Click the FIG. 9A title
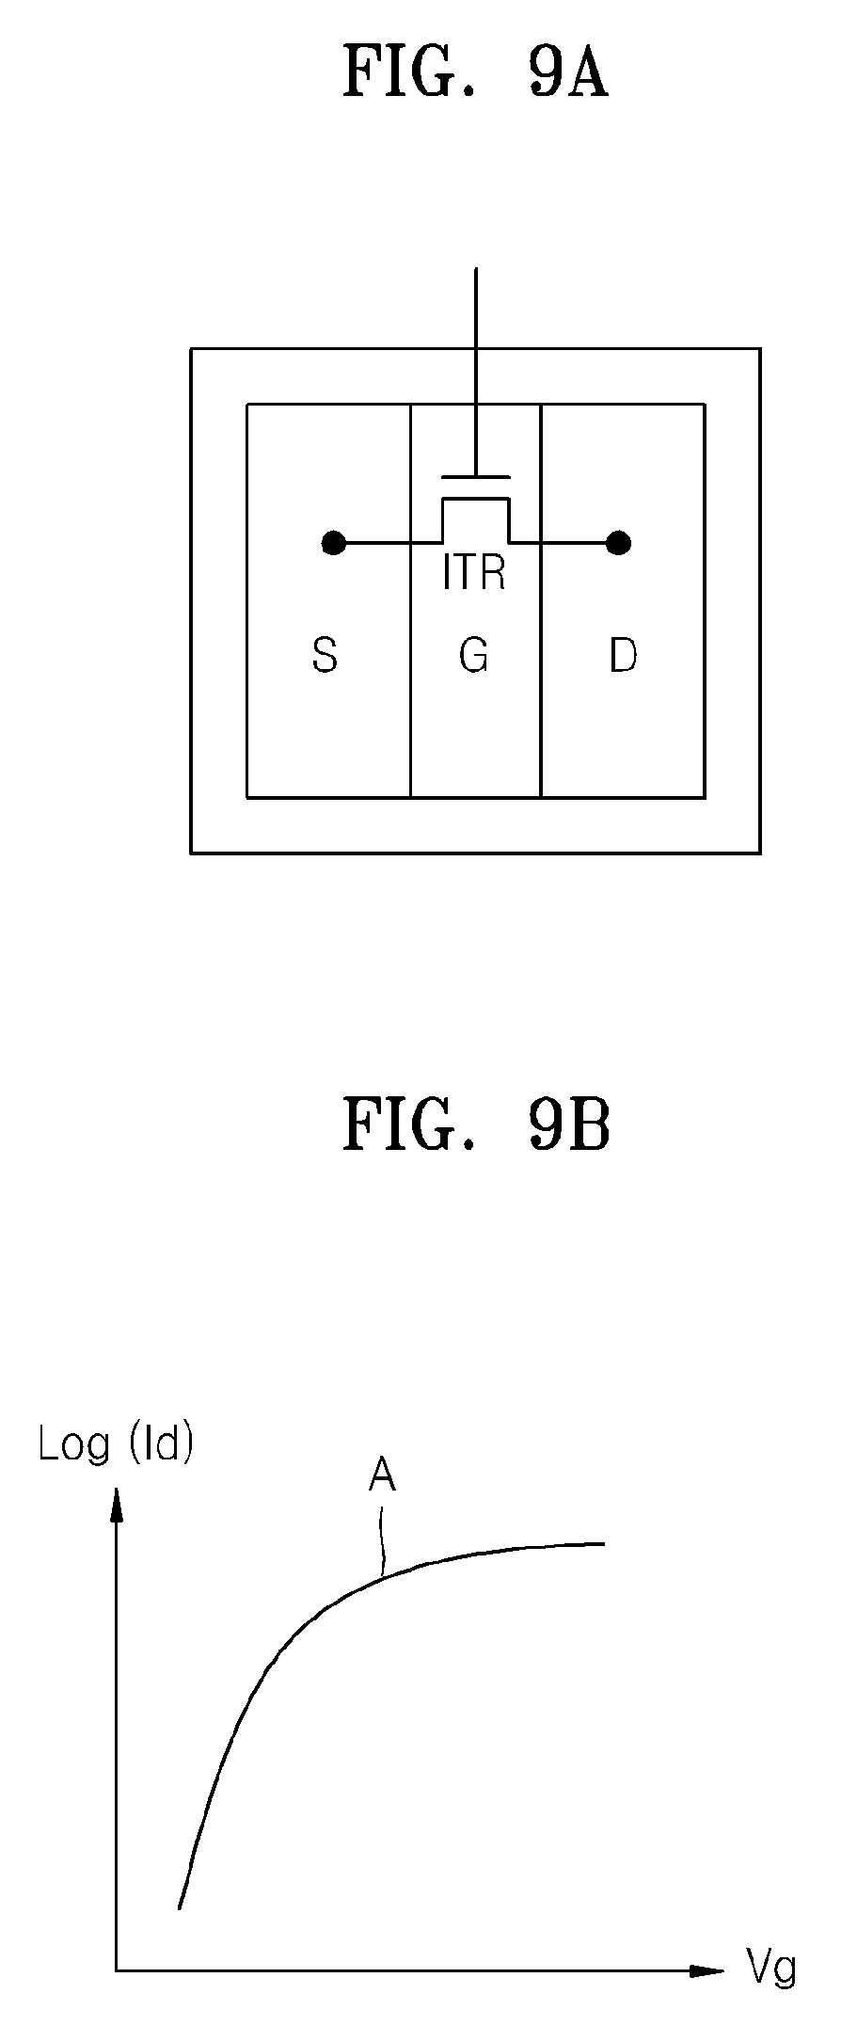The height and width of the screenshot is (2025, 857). (475, 73)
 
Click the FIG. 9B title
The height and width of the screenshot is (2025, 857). (476, 1125)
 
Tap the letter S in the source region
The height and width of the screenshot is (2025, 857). (325, 655)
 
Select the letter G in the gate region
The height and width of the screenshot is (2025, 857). (474, 655)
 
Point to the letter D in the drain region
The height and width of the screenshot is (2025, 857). (623, 655)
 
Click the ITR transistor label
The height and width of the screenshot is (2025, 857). (474, 573)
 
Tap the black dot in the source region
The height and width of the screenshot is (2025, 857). (333, 543)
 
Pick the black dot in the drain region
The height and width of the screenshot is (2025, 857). (618, 543)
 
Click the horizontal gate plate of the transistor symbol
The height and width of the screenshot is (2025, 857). (476, 477)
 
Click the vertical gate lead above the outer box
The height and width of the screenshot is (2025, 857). (476, 308)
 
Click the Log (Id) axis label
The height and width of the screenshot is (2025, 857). (116, 1444)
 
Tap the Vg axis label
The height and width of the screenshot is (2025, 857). (771, 1969)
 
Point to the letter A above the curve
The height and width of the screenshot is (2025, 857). (382, 1475)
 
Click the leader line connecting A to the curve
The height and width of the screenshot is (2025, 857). (382, 1541)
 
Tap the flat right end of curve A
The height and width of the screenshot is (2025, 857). (602, 1543)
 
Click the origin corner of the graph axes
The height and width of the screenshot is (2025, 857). (117, 1970)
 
